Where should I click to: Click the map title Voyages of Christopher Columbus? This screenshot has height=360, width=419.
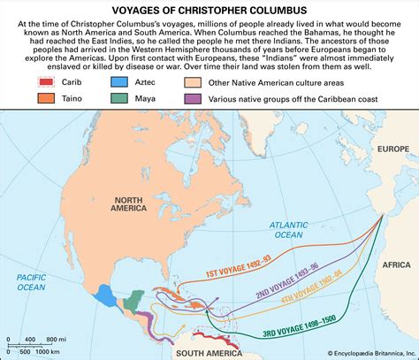coord(209,8)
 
